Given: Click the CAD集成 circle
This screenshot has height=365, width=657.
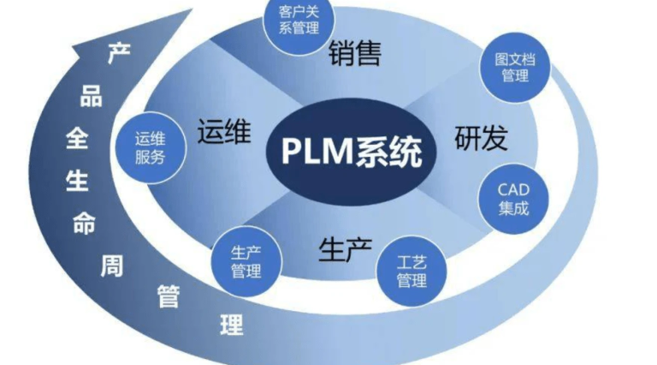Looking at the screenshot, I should [x=513, y=196].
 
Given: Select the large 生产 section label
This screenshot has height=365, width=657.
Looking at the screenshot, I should [x=345, y=249].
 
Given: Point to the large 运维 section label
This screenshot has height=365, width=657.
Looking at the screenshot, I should [x=223, y=134].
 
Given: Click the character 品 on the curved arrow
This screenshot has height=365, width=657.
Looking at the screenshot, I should [x=91, y=96].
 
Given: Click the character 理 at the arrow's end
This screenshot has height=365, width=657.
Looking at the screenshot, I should [x=232, y=324].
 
